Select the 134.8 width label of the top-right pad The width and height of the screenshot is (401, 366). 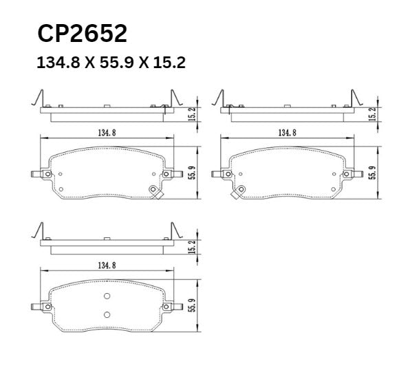(288, 132)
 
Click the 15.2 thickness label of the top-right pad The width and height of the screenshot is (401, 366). (372, 114)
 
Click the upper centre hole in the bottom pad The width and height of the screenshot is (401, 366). (107, 297)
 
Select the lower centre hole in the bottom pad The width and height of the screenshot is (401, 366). (107, 314)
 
